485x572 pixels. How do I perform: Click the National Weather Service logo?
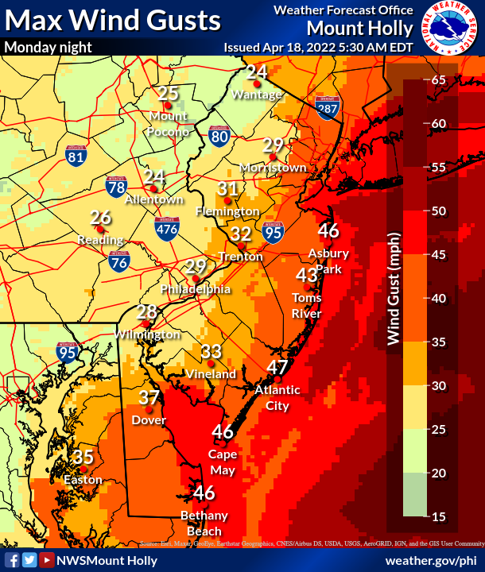point(450,29)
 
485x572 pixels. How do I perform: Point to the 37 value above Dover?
point(149,399)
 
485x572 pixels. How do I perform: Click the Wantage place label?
point(257,95)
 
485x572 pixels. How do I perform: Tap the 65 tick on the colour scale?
point(438,80)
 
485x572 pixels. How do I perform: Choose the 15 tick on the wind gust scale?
point(438,516)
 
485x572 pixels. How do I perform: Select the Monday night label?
point(48,47)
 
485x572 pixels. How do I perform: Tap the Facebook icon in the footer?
point(12,560)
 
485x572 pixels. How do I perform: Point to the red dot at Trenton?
point(242,244)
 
